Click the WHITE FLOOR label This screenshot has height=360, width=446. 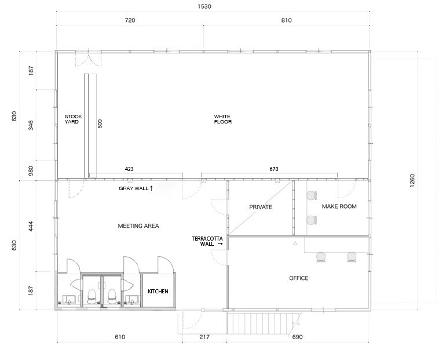pyautogui.click(x=223, y=119)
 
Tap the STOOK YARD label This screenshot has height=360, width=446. pyautogui.click(x=73, y=119)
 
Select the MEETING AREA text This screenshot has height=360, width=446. pyautogui.click(x=138, y=226)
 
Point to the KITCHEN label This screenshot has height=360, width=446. pyautogui.click(x=158, y=292)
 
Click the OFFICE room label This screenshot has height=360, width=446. pyautogui.click(x=299, y=278)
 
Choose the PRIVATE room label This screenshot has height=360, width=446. pyautogui.click(x=261, y=207)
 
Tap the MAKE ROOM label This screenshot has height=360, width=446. pyautogui.click(x=339, y=206)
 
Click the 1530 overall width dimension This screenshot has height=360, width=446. pyautogui.click(x=204, y=6)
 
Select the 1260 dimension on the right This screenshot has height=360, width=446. pyautogui.click(x=412, y=180)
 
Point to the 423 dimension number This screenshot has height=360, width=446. pyautogui.click(x=129, y=169)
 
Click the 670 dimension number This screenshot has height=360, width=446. pyautogui.click(x=273, y=169)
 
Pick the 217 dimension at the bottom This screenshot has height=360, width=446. pyautogui.click(x=204, y=337)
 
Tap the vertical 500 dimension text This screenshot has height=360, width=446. pyautogui.click(x=100, y=123)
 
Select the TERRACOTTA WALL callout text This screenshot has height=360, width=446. pyautogui.click(x=207, y=241)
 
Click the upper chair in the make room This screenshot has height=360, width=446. pyautogui.click(x=312, y=196)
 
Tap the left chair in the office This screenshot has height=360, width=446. pyautogui.click(x=321, y=257)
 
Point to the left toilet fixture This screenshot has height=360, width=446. pyautogui.click(x=92, y=297)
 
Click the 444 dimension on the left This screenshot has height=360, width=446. pyautogui.click(x=31, y=226)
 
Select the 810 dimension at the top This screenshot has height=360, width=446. pyautogui.click(x=287, y=20)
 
